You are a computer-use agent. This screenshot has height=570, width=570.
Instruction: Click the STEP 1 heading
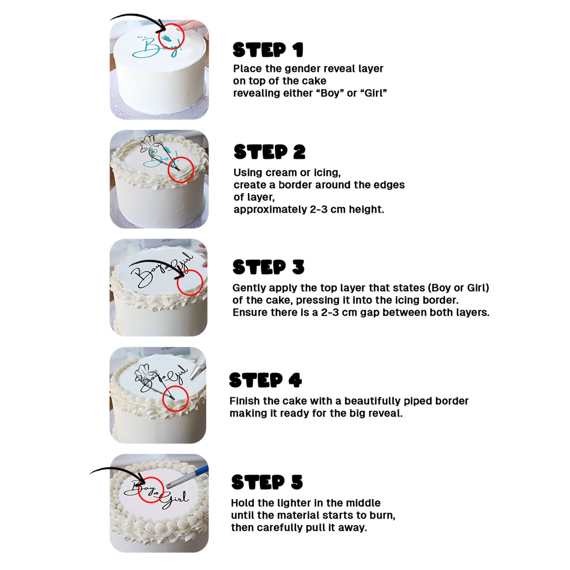pos(268,50)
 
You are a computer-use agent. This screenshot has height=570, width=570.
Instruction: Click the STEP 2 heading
pos(269,152)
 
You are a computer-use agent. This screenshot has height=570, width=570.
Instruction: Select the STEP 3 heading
pos(268,267)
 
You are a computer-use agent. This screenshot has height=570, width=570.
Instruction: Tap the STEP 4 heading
pos(265,380)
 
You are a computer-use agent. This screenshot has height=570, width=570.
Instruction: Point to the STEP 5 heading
pos(267,482)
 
